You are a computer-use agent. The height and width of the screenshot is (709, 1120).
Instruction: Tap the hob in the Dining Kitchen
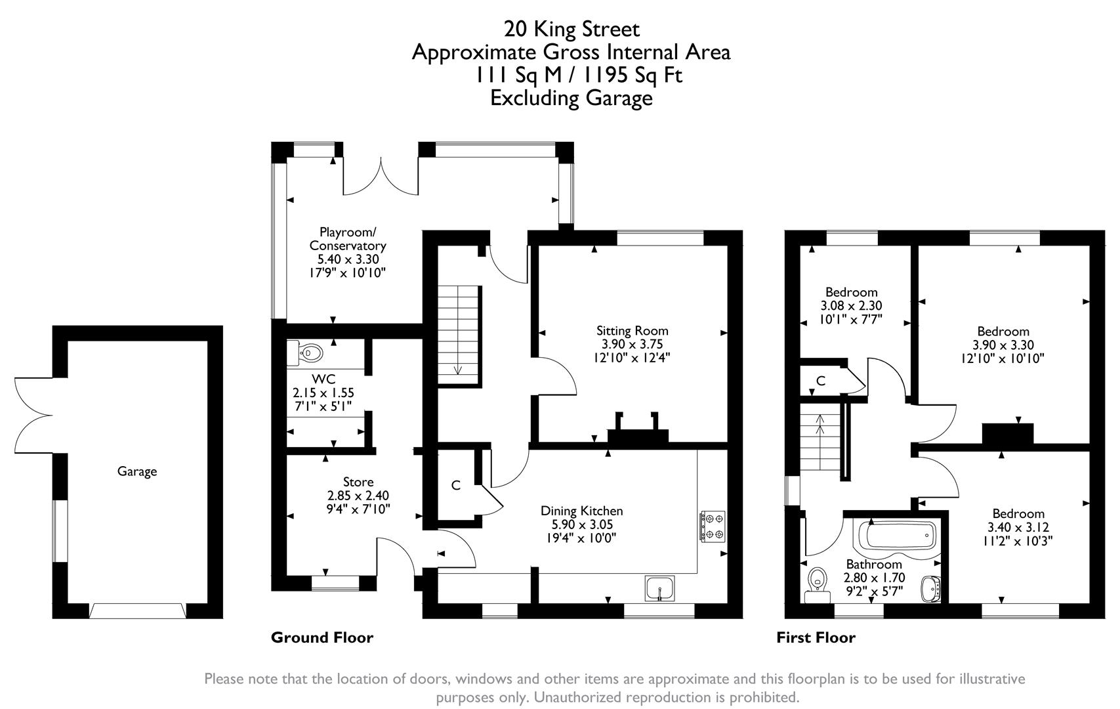pos(713,526)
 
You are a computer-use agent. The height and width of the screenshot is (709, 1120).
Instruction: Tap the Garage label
pos(137,471)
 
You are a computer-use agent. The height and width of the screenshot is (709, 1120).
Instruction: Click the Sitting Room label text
pos(632,331)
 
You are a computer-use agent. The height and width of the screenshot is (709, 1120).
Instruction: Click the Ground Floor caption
pos(321,637)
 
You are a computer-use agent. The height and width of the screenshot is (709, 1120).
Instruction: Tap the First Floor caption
pos(816,637)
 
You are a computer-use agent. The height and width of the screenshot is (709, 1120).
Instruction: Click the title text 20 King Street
pos(571,29)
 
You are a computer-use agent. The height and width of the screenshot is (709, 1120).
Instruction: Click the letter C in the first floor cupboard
pos(820,381)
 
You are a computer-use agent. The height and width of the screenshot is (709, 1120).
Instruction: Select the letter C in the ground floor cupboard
pos(456,486)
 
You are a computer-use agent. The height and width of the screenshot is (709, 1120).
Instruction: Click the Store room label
pos(358,483)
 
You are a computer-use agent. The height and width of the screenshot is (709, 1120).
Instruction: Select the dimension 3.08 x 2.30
pos(851,306)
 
